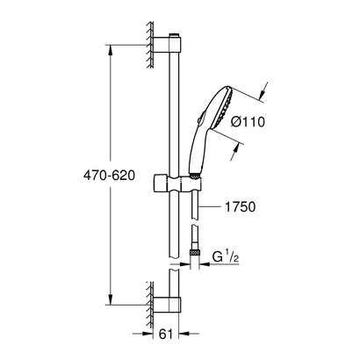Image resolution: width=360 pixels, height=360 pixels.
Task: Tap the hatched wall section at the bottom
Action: (x=142, y=295)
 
